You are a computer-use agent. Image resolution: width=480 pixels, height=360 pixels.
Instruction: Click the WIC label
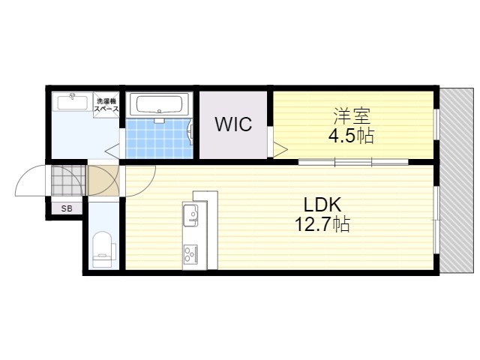pyautogui.click(x=233, y=124)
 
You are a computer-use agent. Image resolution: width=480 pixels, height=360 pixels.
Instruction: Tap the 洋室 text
pyautogui.click(x=352, y=115)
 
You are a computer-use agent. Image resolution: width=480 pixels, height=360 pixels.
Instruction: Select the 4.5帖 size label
pyautogui.click(x=351, y=136)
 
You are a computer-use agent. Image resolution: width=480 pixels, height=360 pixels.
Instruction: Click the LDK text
pyautogui.click(x=322, y=205)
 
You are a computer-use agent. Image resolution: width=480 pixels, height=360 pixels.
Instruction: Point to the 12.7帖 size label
pyautogui.click(x=322, y=225)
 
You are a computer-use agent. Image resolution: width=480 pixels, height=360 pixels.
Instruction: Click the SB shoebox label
pyautogui.click(x=67, y=208)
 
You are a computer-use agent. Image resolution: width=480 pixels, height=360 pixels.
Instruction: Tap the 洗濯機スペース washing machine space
pyautogui.click(x=106, y=104)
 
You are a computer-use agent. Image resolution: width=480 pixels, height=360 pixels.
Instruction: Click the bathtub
pyautogui.click(x=158, y=104)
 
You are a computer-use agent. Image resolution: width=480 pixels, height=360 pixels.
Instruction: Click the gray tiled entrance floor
pyautogui.click(x=68, y=181)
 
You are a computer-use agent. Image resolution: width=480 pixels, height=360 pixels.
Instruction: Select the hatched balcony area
pyautogui.click(x=457, y=180)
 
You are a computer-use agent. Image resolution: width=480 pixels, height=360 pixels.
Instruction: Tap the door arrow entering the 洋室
pyautogui.click(x=280, y=150)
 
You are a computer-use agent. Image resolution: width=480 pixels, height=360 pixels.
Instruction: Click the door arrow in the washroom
pyautogui.click(x=112, y=151)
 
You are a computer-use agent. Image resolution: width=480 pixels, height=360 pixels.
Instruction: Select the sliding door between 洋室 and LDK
pyautogui.click(x=353, y=162)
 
